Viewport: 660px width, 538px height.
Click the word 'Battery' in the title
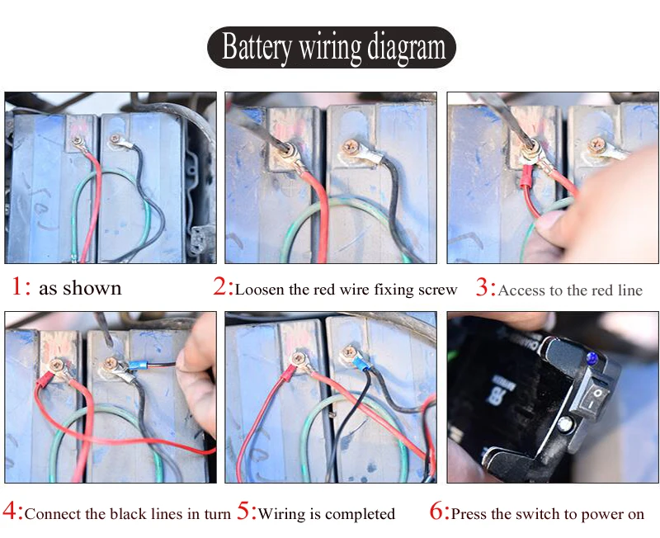257,48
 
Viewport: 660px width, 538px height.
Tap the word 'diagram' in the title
406,49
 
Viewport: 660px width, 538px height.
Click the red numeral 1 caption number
17,286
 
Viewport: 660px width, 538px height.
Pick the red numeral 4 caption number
9,511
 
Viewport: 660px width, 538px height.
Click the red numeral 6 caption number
436,511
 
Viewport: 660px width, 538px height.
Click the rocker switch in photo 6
593,398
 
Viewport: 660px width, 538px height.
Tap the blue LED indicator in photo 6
592,359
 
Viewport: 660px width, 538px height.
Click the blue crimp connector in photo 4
137,366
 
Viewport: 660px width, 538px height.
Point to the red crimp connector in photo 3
526,175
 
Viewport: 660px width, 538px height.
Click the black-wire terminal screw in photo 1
115,139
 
